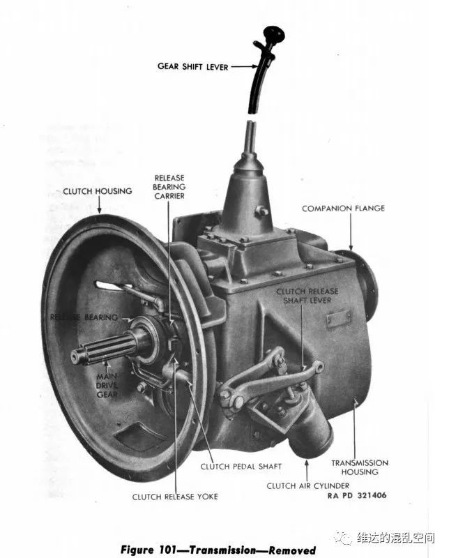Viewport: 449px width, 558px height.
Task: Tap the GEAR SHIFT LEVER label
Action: (192, 66)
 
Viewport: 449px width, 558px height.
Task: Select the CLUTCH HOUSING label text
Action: (98, 191)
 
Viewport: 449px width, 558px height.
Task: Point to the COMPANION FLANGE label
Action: (343, 208)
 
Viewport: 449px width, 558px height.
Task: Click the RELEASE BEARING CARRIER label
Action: (169, 187)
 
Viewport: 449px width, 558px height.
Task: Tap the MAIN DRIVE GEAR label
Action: (107, 386)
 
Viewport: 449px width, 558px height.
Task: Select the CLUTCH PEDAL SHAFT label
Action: (241, 466)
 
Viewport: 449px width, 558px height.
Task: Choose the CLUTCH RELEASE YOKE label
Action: (175, 497)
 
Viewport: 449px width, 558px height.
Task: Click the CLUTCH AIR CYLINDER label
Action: (307, 485)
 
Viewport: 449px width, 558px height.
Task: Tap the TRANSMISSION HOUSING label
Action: (360, 467)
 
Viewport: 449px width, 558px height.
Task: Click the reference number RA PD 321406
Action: (357, 495)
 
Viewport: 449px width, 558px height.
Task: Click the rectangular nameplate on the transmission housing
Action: (339, 318)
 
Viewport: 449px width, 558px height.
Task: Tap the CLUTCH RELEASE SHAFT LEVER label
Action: (307, 296)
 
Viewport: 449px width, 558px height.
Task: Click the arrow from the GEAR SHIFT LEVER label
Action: (244, 66)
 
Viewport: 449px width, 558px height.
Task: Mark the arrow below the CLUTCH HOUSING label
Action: (100, 205)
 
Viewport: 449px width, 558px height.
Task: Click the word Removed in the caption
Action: (292, 550)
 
